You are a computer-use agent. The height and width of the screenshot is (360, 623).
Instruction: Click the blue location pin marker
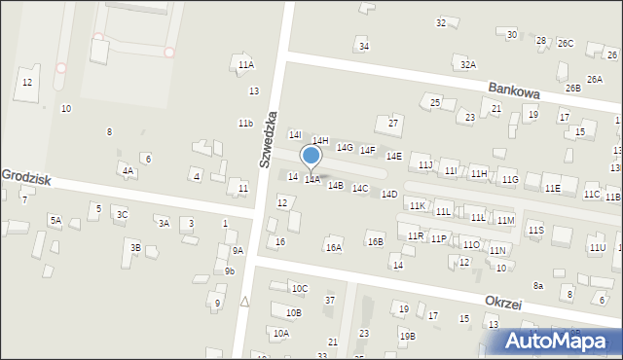(x=311, y=156)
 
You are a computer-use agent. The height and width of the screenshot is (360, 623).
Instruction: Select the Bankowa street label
(x=514, y=90)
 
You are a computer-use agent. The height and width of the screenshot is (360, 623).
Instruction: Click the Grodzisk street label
(x=25, y=176)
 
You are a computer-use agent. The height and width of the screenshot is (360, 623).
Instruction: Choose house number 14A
(x=311, y=180)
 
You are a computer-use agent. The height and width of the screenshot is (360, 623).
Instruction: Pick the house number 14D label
(x=389, y=195)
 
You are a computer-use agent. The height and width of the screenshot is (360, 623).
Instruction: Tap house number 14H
(x=320, y=141)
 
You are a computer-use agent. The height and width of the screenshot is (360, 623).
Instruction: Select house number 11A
(x=245, y=64)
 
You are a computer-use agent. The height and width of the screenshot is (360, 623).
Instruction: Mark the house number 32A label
(x=468, y=64)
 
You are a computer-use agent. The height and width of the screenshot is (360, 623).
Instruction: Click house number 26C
(x=566, y=44)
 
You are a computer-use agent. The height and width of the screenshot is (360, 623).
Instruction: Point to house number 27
(x=393, y=123)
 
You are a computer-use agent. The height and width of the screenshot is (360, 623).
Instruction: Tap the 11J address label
(x=425, y=166)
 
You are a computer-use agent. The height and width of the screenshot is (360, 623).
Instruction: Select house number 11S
(x=535, y=230)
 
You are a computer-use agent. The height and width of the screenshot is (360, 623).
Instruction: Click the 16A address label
(x=334, y=248)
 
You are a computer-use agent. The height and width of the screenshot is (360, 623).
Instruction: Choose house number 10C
(x=300, y=288)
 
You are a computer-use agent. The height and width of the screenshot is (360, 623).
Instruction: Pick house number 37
(x=330, y=300)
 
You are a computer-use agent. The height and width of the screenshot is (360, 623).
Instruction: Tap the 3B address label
(x=136, y=247)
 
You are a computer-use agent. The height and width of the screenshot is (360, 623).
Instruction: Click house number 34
(x=363, y=46)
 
